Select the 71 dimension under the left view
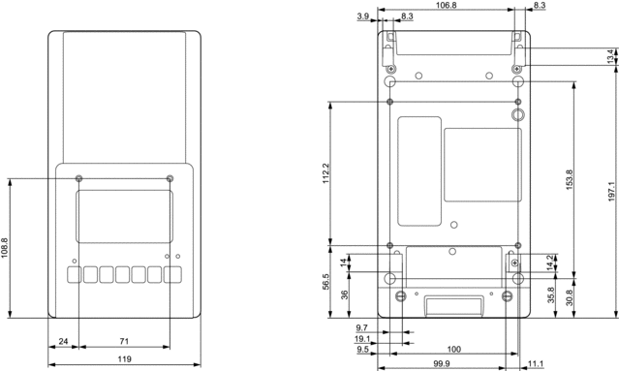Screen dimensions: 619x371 point(125,342)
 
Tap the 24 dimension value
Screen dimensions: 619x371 point(63,342)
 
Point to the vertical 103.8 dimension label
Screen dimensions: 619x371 point(6,247)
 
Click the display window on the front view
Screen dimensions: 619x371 point(124,216)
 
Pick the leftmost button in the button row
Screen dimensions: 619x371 point(74,275)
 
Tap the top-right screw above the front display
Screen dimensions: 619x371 point(170,177)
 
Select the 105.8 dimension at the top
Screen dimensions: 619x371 point(448,6)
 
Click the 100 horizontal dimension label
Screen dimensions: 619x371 point(453,348)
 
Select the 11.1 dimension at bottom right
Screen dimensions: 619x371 point(536,363)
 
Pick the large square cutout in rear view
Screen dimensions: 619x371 point(481,165)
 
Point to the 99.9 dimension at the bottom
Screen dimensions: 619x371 point(441,363)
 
